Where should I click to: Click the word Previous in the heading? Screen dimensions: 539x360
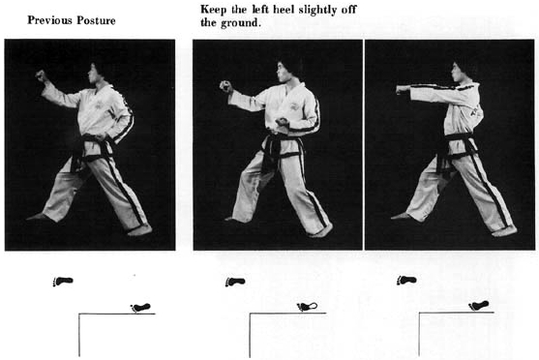pyautogui.click(x=50, y=20)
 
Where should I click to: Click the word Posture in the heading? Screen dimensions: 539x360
pyautogui.click(x=96, y=20)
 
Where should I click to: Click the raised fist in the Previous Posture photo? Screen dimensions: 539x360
pyautogui.click(x=42, y=75)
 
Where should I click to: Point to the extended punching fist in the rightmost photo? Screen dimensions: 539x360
pyautogui.click(x=402, y=89)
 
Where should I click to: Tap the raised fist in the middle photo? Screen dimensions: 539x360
pyautogui.click(x=225, y=86)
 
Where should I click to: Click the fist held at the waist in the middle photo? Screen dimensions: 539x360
pyautogui.click(x=282, y=122)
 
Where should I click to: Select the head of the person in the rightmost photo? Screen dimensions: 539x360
pyautogui.click(x=462, y=72)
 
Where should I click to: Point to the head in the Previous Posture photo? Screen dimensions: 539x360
pyautogui.click(x=98, y=73)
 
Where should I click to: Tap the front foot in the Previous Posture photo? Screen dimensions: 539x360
pyautogui.click(x=39, y=217)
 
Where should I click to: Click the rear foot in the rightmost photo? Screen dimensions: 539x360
pyautogui.click(x=504, y=230)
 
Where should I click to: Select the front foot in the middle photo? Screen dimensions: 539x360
pyautogui.click(x=234, y=219)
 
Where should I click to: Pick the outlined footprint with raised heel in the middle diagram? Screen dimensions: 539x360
pyautogui.click(x=308, y=307)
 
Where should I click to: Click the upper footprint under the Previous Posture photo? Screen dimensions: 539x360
pyautogui.click(x=63, y=282)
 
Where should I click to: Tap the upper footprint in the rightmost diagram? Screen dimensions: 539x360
pyautogui.click(x=406, y=281)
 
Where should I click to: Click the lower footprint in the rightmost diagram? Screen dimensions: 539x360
pyautogui.click(x=478, y=306)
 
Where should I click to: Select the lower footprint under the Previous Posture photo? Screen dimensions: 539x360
pyautogui.click(x=140, y=307)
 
